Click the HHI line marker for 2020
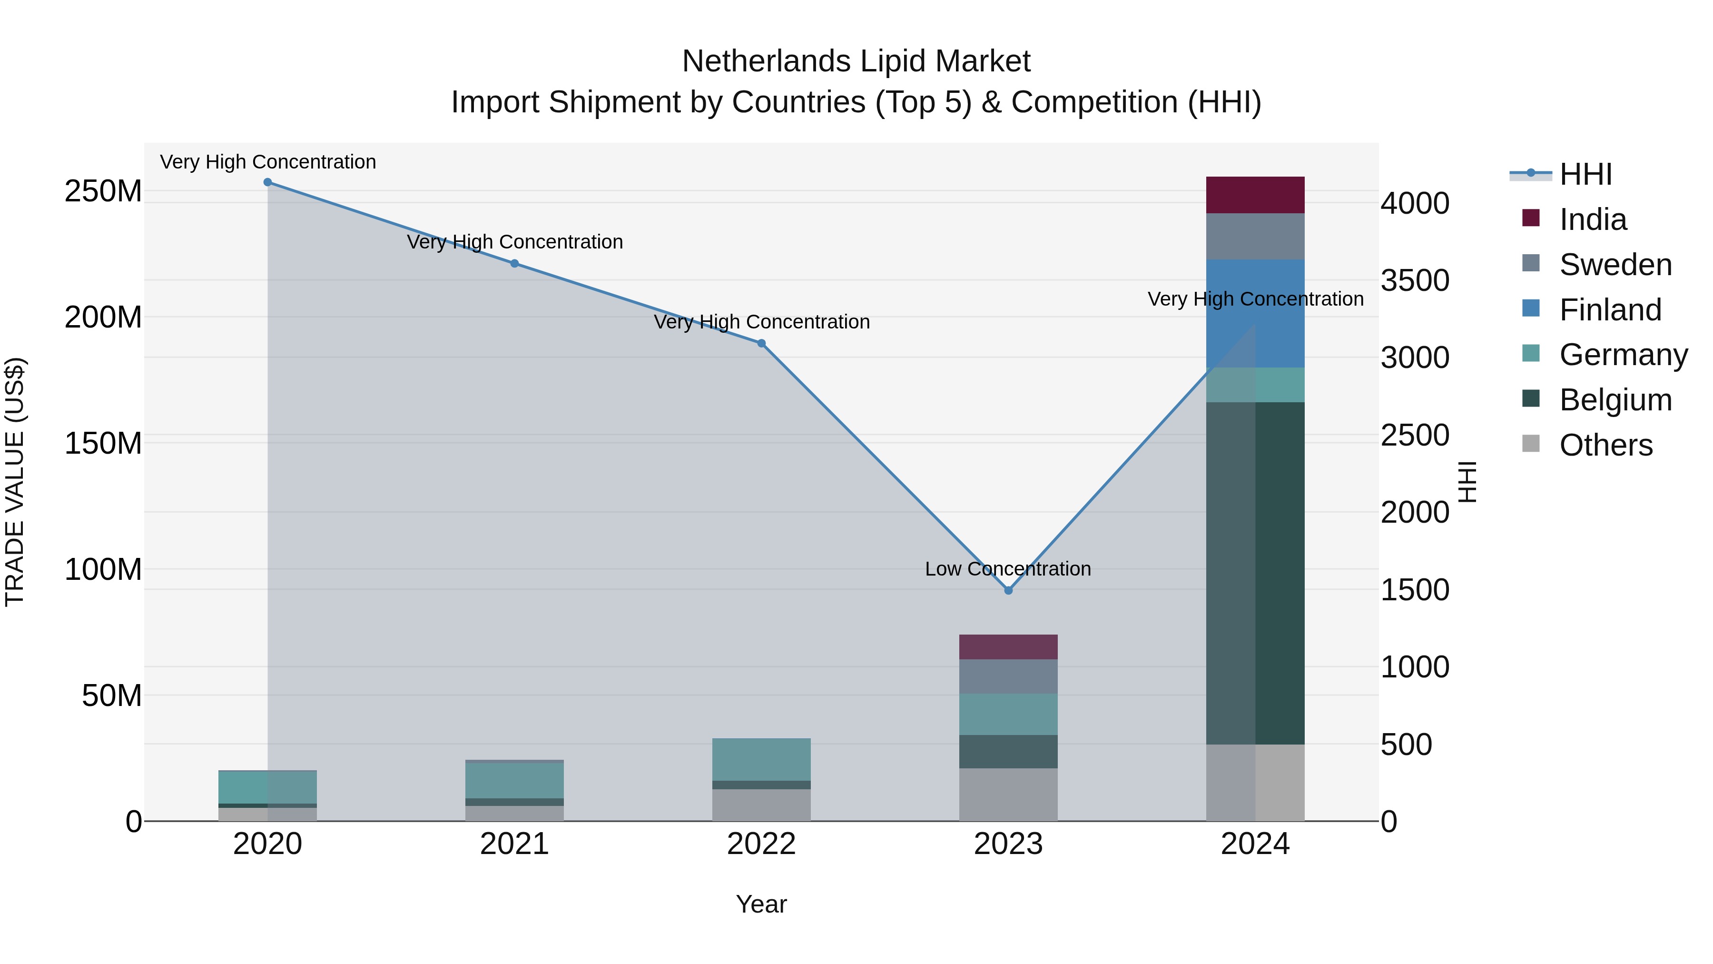coord(267,182)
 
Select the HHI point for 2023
coord(1008,590)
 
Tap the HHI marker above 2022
coord(761,343)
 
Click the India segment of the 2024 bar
coord(1255,195)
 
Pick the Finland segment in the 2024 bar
coord(1255,313)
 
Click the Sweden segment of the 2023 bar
coord(1008,676)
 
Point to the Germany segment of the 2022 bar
coord(761,759)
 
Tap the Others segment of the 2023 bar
coord(1008,795)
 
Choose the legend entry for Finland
coord(1609,310)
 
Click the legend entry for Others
coord(1605,445)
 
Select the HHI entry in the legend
coord(1585,174)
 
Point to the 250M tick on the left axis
coord(103,191)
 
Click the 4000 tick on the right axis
coord(1415,204)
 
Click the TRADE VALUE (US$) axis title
coord(15,482)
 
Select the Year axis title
coord(761,904)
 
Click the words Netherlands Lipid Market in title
coord(856,61)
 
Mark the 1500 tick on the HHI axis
coord(1415,590)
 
